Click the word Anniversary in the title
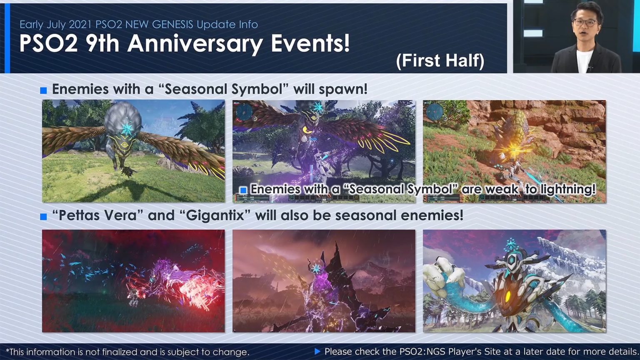pyautogui.click(x=195, y=43)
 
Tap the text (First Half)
pyautogui.click(x=440, y=61)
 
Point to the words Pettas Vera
pyautogui.click(x=96, y=215)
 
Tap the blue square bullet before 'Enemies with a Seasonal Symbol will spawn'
pyautogui.click(x=43, y=90)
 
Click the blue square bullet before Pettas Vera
pyautogui.click(x=43, y=217)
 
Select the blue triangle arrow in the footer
pyautogui.click(x=317, y=352)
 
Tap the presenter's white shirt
pyautogui.click(x=585, y=62)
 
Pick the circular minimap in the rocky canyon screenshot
pyautogui.click(x=434, y=111)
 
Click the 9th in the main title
pyautogui.click(x=102, y=43)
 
